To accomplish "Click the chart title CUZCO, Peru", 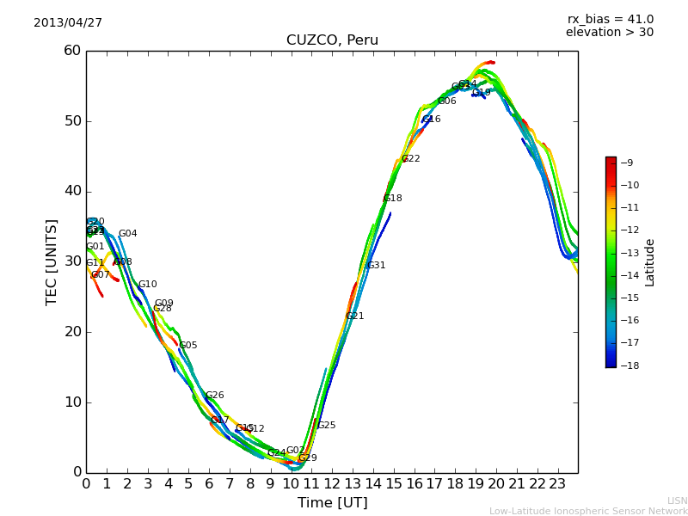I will [x=332, y=40].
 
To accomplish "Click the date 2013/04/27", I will [x=68, y=22].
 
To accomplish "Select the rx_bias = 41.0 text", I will [x=610, y=19].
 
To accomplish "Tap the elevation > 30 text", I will [x=610, y=33].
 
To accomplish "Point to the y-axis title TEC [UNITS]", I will [x=52, y=261].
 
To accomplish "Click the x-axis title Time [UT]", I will [x=332, y=503].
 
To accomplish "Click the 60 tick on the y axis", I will [x=71, y=51].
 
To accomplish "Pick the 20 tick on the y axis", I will [x=71, y=332].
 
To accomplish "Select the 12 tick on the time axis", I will [x=332, y=484].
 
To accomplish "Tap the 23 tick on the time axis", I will [x=557, y=484].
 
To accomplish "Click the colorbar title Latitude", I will [x=650, y=262].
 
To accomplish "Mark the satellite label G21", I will [x=354, y=316].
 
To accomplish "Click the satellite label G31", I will [x=376, y=266].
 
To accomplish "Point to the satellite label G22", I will [x=410, y=159].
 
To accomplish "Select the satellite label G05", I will [x=187, y=346].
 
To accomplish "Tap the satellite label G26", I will [x=214, y=396].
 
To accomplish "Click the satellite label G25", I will [x=326, y=426].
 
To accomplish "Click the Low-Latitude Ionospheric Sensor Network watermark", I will [x=588, y=512].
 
